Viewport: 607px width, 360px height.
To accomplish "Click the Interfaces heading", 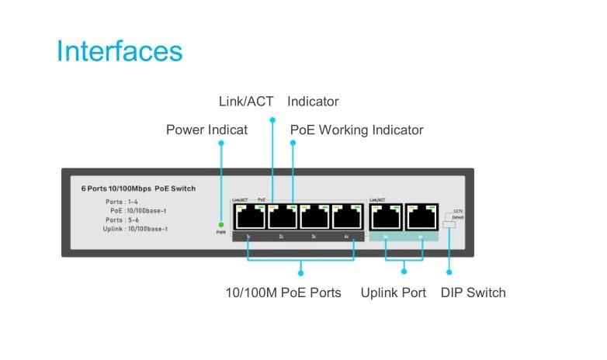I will tap(120, 51).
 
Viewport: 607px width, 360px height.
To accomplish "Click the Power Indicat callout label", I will tap(206, 130).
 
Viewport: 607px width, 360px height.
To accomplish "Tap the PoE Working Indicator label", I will tap(356, 130).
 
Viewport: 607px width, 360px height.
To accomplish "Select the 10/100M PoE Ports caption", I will tap(283, 292).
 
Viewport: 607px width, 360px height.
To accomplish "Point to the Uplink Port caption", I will tap(393, 292).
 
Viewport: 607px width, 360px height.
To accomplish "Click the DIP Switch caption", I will tap(473, 292).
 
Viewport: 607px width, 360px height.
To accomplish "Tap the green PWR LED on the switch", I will tap(221, 224).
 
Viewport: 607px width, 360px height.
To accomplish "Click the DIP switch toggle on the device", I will tap(448, 223).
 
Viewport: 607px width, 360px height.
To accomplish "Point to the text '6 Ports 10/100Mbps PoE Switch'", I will tap(138, 189).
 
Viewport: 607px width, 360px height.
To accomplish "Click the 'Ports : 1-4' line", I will tap(123, 202).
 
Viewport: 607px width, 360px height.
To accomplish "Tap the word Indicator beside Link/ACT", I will tap(313, 102).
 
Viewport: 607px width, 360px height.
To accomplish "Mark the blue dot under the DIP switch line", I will tap(449, 272).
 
